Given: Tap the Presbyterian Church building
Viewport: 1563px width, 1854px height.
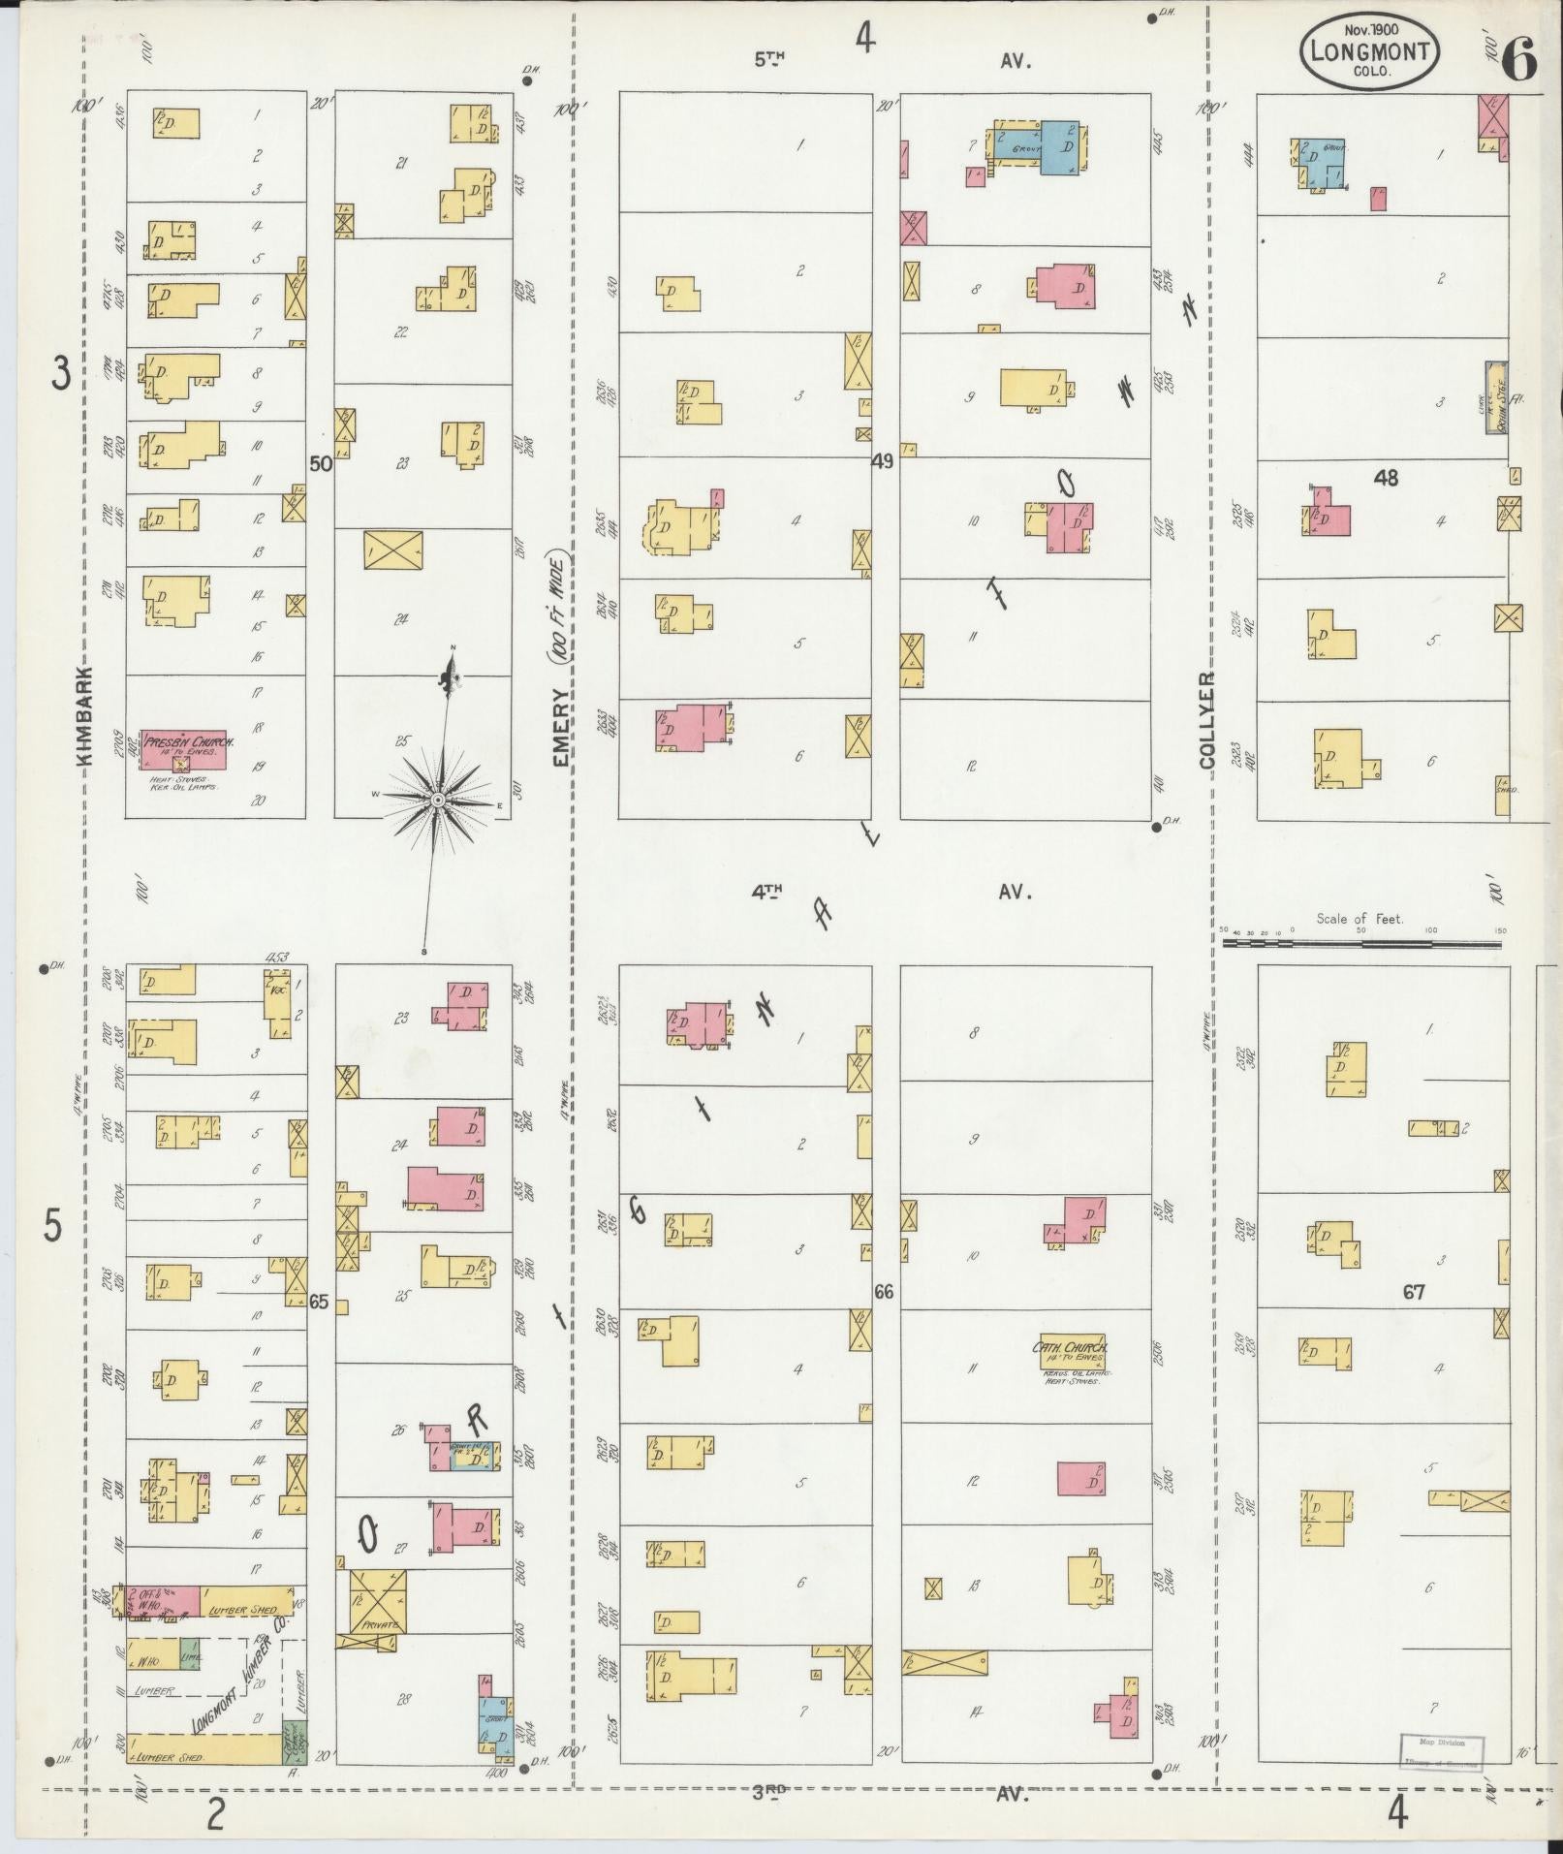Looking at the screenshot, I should click(x=184, y=749).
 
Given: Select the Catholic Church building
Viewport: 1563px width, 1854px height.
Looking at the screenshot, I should click(x=1069, y=1355).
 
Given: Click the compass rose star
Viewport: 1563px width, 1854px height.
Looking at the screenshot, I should click(x=437, y=799).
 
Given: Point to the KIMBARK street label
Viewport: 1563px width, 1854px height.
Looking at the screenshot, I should click(x=85, y=716).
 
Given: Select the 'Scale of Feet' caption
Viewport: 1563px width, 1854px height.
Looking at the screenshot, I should click(x=1359, y=918).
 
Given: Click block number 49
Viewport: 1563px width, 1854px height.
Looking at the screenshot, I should click(x=882, y=462).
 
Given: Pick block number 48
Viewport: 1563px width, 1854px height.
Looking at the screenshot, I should click(x=1386, y=477).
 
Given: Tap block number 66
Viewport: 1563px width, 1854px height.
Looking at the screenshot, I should click(x=883, y=1291).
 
